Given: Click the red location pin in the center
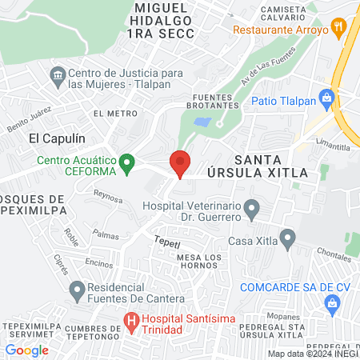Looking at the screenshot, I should (x=180, y=162).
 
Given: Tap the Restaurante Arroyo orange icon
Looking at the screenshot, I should (x=341, y=30).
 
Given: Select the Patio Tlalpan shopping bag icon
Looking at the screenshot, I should (x=326, y=100).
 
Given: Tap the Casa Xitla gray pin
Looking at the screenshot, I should (x=288, y=237).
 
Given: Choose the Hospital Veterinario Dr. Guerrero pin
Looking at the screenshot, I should (x=253, y=211).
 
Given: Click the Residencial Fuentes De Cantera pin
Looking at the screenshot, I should (x=77, y=288).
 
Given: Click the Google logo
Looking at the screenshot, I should (x=26, y=350).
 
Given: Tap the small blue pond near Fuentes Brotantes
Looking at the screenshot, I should (x=202, y=122).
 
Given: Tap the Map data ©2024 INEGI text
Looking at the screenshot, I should (x=311, y=354).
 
